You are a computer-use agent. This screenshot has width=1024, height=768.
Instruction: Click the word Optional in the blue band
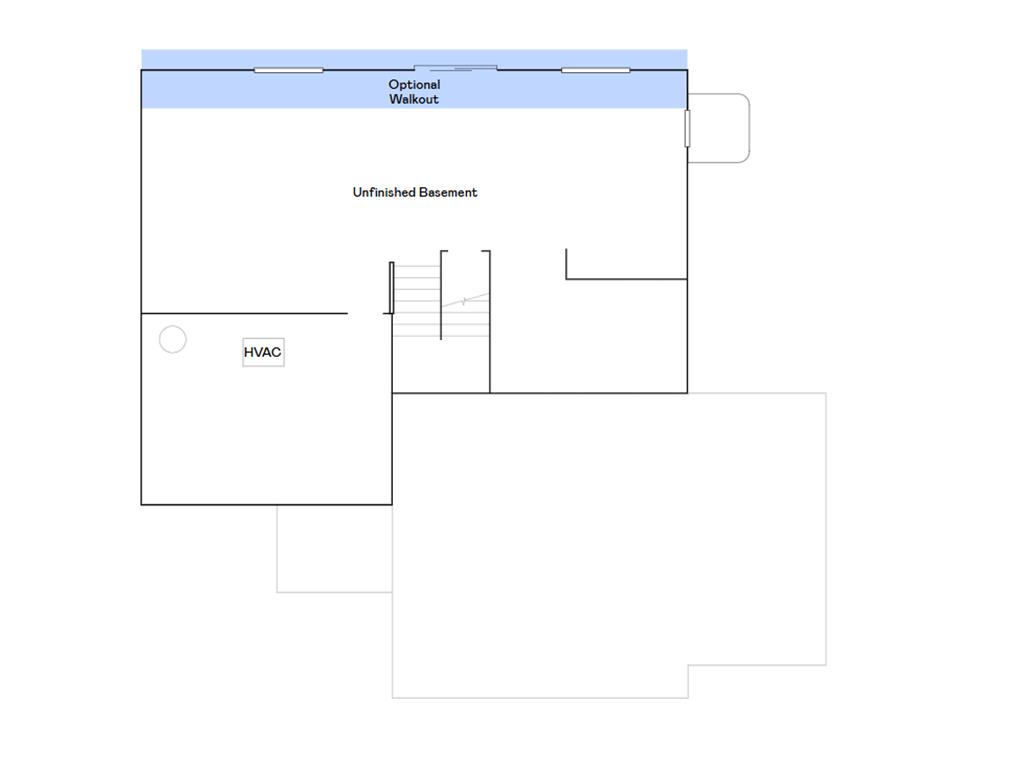point(414,85)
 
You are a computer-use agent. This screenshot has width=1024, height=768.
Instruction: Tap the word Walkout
point(414,100)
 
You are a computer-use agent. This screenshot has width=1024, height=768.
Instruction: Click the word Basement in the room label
point(448,192)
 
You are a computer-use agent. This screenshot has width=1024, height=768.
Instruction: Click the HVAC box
point(263,353)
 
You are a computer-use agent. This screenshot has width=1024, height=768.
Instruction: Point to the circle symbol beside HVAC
point(173,340)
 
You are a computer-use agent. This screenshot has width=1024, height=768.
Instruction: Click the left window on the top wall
point(288,70)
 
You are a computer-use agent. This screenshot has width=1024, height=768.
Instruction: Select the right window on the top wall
point(596,70)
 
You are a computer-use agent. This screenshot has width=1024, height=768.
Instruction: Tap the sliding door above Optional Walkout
point(456,68)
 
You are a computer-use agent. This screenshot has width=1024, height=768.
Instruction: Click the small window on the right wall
point(687,128)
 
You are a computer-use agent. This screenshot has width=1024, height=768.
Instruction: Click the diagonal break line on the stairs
point(467,299)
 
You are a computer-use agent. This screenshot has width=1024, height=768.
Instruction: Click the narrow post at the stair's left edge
point(391,288)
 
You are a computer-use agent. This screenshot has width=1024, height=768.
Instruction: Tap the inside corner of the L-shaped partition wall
point(567,278)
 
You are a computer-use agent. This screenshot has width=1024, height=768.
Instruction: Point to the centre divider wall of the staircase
point(441,295)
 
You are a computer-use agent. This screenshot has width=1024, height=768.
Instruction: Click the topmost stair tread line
point(416,266)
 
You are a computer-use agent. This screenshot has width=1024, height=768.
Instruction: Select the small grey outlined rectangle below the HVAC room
point(334,548)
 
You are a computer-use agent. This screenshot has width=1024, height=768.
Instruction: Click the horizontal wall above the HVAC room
point(244,313)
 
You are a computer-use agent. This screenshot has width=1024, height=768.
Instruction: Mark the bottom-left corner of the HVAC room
point(142,504)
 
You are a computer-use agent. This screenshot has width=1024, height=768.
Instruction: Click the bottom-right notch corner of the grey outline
point(688,665)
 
